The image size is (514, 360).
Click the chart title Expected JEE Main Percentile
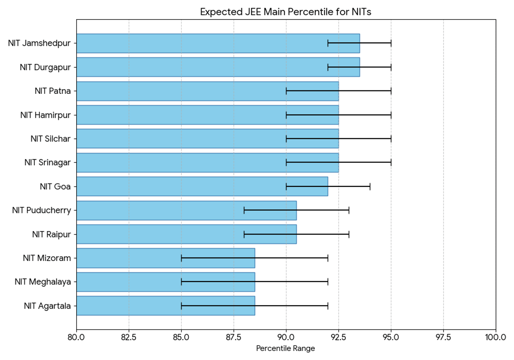[285, 12]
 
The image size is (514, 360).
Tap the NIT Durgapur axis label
[45, 67]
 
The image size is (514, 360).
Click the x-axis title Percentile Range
[285, 348]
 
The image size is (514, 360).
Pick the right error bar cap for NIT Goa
[370, 186]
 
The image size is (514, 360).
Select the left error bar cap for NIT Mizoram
[181, 258]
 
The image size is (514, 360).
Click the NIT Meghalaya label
[42, 282]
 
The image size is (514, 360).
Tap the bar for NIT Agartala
[165, 306]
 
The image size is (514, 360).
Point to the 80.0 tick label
[76, 337]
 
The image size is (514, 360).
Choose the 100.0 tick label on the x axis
[495, 337]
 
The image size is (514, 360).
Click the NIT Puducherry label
[42, 210]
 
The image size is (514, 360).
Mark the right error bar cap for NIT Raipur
[349, 234]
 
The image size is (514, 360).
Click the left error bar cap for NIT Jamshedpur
[328, 43]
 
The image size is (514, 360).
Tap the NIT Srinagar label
[47, 163]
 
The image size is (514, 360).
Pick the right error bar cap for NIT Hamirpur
[391, 115]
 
